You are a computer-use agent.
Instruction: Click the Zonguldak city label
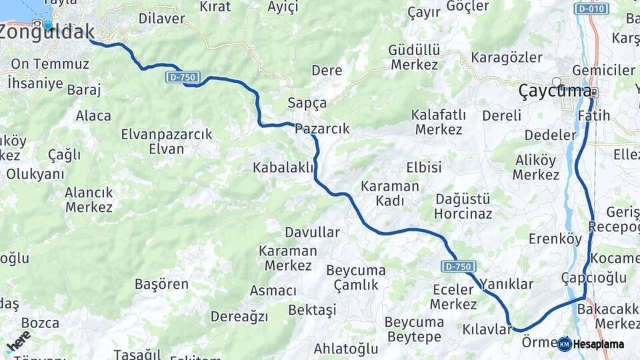coord(47,31)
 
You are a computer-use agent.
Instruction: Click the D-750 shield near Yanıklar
coord(458,266)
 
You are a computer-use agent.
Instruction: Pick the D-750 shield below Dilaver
coord(182,77)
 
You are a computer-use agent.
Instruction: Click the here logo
coord(17,341)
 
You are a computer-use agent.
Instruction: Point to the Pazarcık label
coord(322,129)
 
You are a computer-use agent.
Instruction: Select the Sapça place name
coord(307,103)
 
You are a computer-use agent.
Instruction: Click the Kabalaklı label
coord(283,167)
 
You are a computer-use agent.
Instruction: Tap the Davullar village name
coord(312,233)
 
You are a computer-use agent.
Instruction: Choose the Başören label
coord(161,284)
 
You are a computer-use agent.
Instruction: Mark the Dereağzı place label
coord(239,316)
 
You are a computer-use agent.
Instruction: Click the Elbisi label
coord(424,167)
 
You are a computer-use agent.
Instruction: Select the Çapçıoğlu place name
coord(593,277)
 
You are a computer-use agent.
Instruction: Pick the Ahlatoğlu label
coord(346,348)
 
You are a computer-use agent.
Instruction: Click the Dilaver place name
coord(161,19)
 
